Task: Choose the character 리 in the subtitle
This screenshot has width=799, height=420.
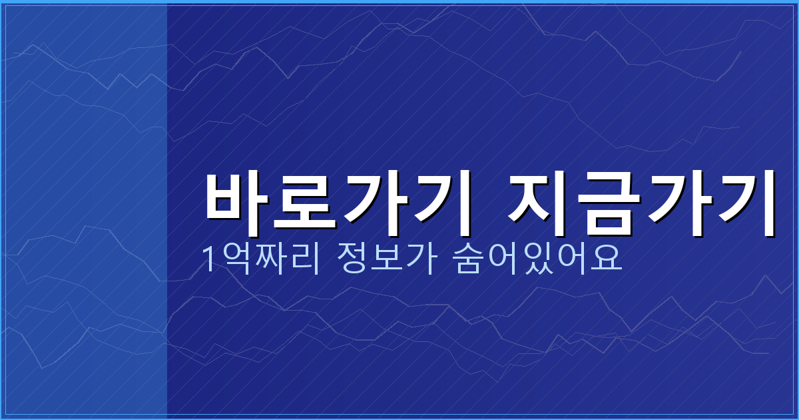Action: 298,259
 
